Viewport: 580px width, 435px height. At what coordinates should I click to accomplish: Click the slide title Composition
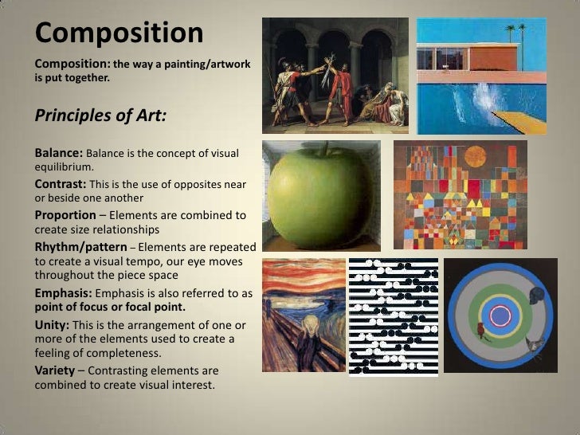(120, 33)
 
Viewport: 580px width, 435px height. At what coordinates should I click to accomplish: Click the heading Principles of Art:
(100, 116)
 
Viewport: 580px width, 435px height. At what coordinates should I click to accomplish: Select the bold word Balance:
(59, 152)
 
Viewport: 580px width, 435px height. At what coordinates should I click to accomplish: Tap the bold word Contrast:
(62, 184)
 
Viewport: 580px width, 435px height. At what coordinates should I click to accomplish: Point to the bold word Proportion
(70, 215)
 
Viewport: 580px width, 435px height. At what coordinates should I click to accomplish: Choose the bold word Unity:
(54, 324)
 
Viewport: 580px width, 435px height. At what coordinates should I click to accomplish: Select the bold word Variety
(56, 370)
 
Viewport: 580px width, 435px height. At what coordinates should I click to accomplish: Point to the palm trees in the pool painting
(515, 33)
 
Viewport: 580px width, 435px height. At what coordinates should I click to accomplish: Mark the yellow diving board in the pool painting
(522, 122)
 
